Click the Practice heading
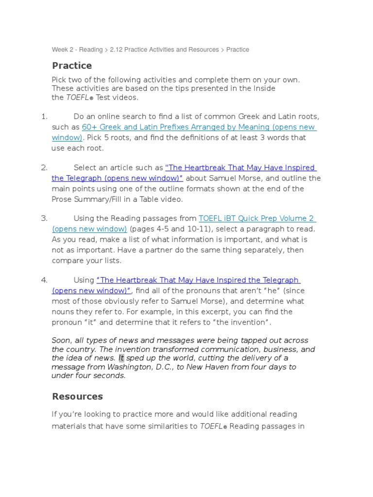coord(72,66)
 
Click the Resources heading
coord(77,397)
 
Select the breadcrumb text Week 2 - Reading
coord(77,50)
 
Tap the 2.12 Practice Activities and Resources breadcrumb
coord(164,50)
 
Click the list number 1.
coord(44,116)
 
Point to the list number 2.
coord(44,167)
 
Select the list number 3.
coord(44,218)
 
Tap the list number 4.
coord(44,280)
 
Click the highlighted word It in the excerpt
coord(121,358)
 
